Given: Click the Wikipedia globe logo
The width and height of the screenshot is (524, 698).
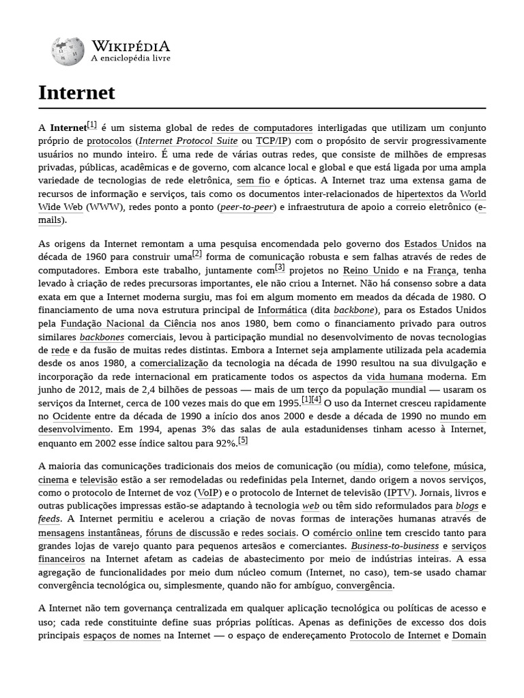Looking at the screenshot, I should [67, 52].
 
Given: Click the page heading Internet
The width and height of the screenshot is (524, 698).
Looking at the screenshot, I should [77, 93].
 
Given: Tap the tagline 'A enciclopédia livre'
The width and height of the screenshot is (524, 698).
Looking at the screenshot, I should [130, 59].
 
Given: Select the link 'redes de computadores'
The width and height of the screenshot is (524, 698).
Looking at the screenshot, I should [262, 127].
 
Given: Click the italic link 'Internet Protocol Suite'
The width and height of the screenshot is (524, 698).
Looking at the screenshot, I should [188, 142].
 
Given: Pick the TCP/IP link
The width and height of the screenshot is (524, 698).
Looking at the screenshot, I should [272, 142].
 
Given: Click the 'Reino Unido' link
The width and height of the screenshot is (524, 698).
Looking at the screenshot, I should [370, 271].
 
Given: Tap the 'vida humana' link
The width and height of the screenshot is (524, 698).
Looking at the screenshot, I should [394, 376].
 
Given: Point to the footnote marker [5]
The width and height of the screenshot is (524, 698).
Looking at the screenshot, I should [243, 440].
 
